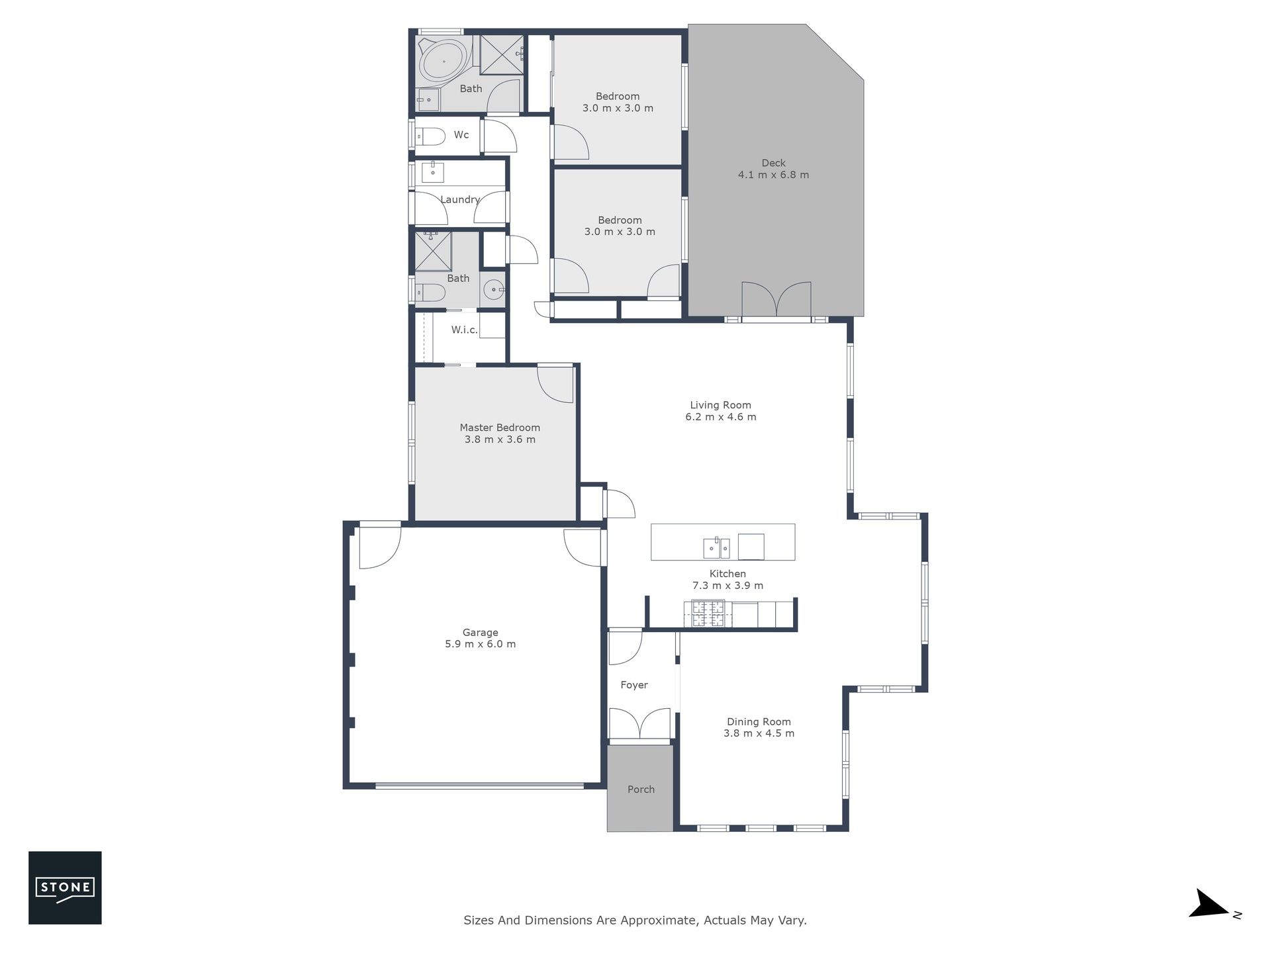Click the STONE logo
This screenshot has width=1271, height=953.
click(65, 887)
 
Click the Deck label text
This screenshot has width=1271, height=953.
click(773, 163)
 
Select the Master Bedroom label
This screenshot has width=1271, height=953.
click(500, 428)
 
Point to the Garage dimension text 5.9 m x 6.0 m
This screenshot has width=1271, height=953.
click(481, 644)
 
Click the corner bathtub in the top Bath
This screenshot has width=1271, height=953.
click(444, 61)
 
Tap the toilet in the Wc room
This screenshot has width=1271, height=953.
click(430, 136)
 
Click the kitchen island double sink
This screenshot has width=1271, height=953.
click(716, 548)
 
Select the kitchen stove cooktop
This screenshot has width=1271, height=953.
click(708, 613)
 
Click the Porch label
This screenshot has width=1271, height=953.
click(641, 790)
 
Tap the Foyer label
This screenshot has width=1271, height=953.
click(634, 685)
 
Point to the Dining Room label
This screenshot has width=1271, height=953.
click(759, 722)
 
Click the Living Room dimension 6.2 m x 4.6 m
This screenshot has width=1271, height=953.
click(721, 417)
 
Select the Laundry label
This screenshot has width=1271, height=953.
click(460, 199)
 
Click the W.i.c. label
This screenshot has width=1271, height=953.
click(465, 330)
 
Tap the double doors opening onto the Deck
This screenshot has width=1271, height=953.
click(777, 300)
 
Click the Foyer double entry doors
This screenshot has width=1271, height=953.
click(640, 723)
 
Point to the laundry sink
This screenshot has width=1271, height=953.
click(433, 172)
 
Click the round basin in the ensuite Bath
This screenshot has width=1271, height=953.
click(493, 289)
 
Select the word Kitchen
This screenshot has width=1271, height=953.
click(728, 574)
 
